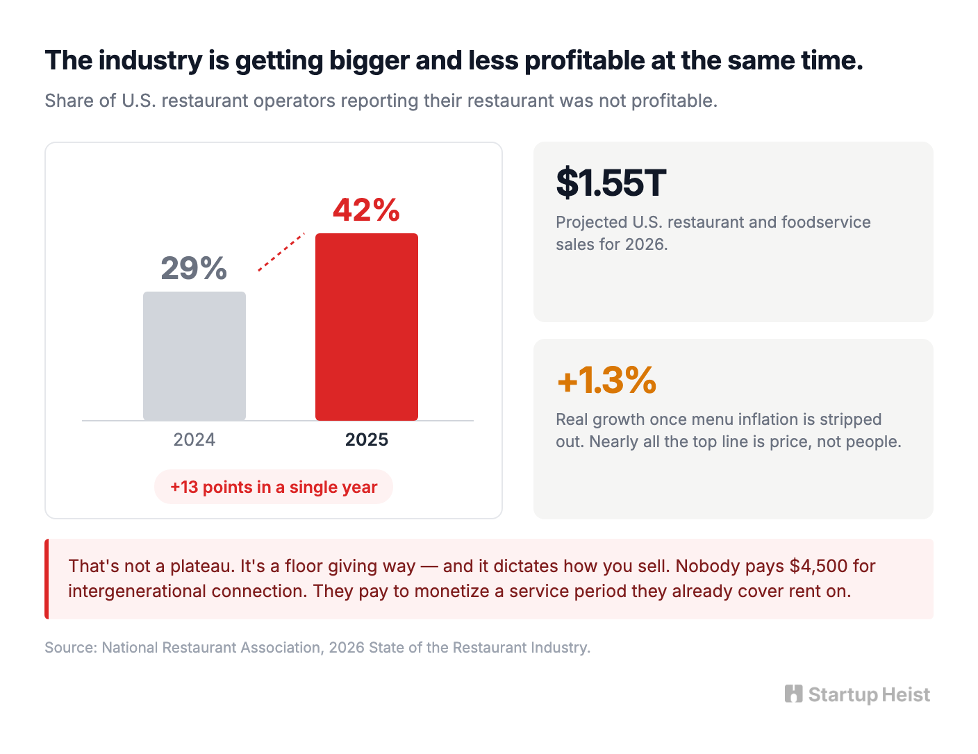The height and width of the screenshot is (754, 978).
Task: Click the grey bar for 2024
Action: coord(194,356)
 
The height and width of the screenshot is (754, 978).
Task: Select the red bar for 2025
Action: coord(366,326)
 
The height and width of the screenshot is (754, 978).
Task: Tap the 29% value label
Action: coord(194,268)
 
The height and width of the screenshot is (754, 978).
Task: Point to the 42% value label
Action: coord(366,210)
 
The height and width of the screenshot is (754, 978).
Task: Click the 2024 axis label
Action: coord(194,439)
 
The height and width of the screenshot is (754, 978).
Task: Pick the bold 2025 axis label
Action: coord(366,439)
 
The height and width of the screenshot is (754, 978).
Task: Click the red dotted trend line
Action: coord(281,252)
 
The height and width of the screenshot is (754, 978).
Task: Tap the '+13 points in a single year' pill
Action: coord(274,487)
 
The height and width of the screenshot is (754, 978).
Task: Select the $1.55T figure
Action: coord(611,183)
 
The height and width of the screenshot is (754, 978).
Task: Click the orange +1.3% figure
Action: coord(606,380)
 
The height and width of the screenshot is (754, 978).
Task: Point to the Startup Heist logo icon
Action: coord(793,694)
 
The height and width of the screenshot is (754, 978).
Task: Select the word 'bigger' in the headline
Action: coord(369,61)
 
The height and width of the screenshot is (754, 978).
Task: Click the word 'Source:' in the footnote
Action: coord(71,647)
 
